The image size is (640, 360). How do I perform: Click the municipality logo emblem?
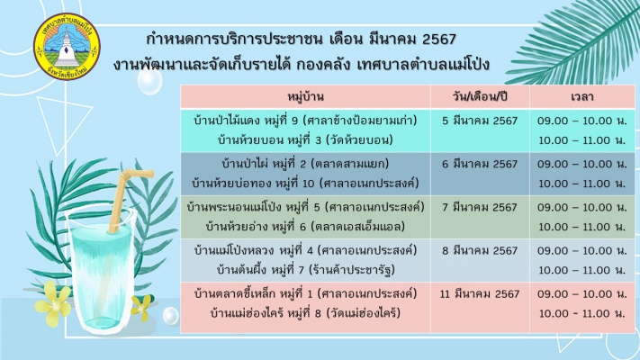(67, 46)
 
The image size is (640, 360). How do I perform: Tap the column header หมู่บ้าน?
(305, 97)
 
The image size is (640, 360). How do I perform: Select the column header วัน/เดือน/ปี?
(480, 97)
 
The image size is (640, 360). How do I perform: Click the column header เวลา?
(581, 97)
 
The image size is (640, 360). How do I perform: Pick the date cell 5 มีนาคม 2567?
(480, 121)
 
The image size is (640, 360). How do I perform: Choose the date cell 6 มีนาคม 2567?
(480, 164)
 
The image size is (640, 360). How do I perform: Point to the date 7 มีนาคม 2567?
(480, 207)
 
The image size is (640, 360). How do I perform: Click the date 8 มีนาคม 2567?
(480, 250)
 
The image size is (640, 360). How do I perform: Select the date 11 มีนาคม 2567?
(480, 294)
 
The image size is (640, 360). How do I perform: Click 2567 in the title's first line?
(439, 40)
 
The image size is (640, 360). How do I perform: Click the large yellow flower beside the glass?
(53, 303)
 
